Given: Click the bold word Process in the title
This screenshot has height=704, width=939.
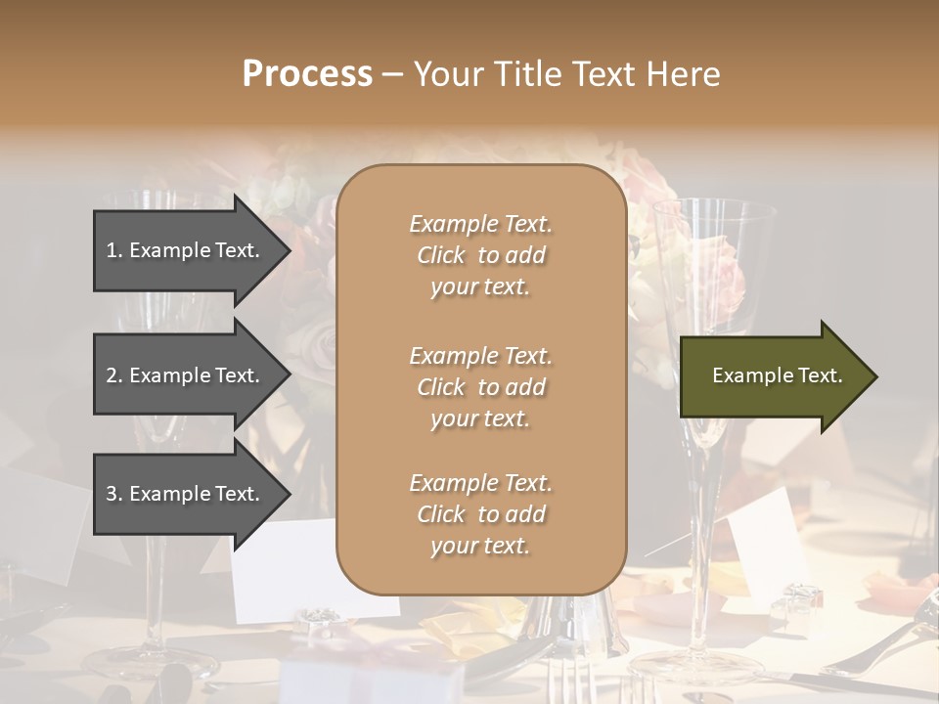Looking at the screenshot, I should (x=307, y=74).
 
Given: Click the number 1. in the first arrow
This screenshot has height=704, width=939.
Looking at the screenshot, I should (x=114, y=250).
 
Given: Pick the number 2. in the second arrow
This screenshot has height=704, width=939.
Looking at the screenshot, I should (x=114, y=375).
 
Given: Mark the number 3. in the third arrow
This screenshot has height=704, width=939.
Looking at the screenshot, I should (x=114, y=494).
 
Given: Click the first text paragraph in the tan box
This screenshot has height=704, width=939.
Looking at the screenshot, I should (x=480, y=255).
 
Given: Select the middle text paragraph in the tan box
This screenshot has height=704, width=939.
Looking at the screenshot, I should (x=480, y=387).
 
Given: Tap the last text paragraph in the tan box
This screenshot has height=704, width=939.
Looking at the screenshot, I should (x=480, y=514).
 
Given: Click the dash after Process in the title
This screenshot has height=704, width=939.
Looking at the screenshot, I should (x=392, y=74).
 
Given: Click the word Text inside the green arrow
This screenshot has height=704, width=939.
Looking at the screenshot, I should (x=820, y=375).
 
